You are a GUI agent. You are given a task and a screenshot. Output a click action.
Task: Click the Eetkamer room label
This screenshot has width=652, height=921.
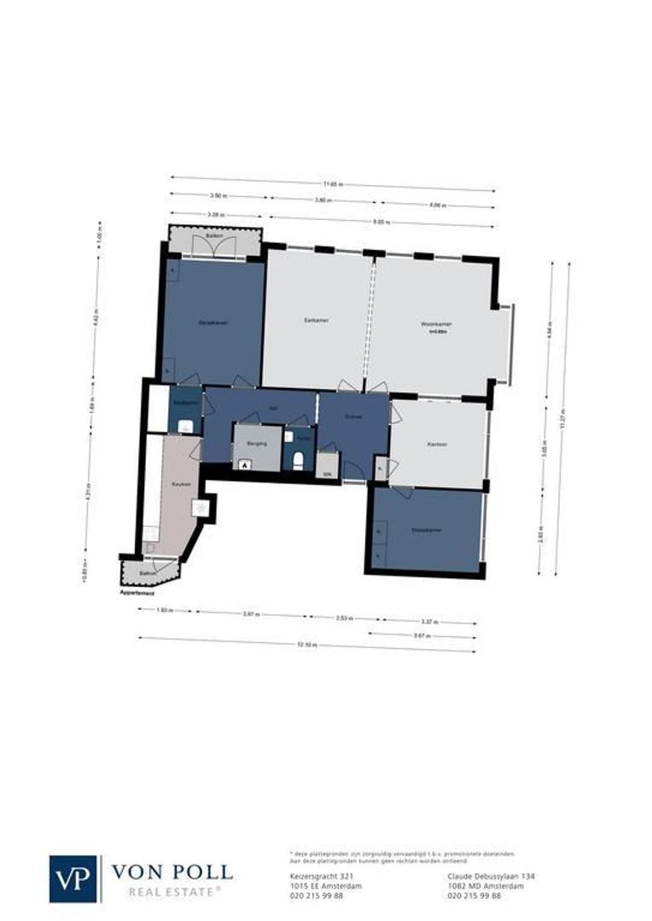pos(317,321)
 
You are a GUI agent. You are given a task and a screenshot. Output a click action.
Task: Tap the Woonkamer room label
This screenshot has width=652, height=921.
pos(434,324)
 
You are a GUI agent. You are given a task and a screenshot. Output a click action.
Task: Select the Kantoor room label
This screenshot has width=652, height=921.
pos(437,445)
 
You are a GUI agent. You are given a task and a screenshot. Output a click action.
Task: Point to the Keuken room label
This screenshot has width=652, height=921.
pos(181,484)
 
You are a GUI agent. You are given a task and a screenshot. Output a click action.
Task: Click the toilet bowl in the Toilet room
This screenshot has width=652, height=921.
pos(298,460)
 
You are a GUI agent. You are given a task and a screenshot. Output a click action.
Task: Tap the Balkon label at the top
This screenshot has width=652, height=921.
pos(214,235)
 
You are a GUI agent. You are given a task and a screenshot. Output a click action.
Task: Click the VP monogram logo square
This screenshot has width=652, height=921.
pos(74,878)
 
